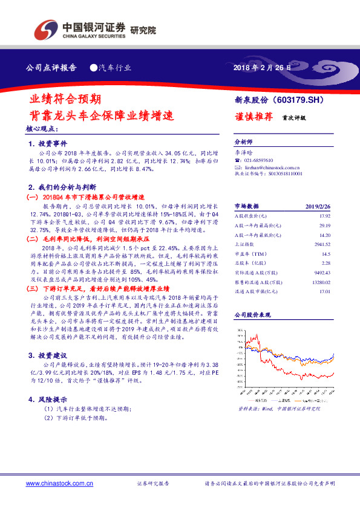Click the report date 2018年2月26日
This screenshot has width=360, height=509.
coord(262,68)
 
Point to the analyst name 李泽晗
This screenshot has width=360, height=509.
coord(244,154)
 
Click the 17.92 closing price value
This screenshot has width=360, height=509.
coord(324,216)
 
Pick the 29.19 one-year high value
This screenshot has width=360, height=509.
coord(324,225)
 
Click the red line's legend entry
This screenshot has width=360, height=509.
coord(254,400)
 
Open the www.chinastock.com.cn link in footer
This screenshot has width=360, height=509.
coord(59,483)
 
